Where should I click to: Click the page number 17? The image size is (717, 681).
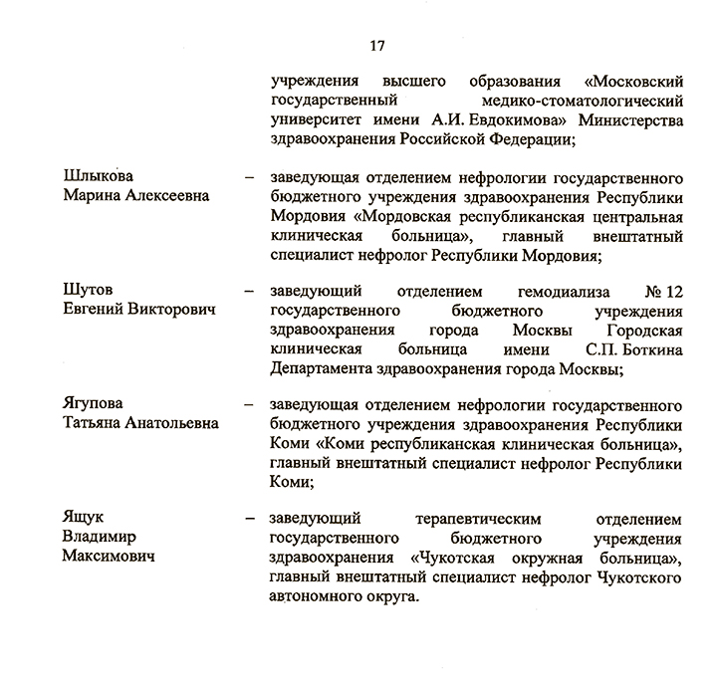coord(376,46)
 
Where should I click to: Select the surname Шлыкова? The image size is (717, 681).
coord(99,177)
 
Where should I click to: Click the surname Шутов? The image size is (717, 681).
coord(86,290)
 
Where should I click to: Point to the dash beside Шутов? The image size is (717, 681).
coord(249,291)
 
